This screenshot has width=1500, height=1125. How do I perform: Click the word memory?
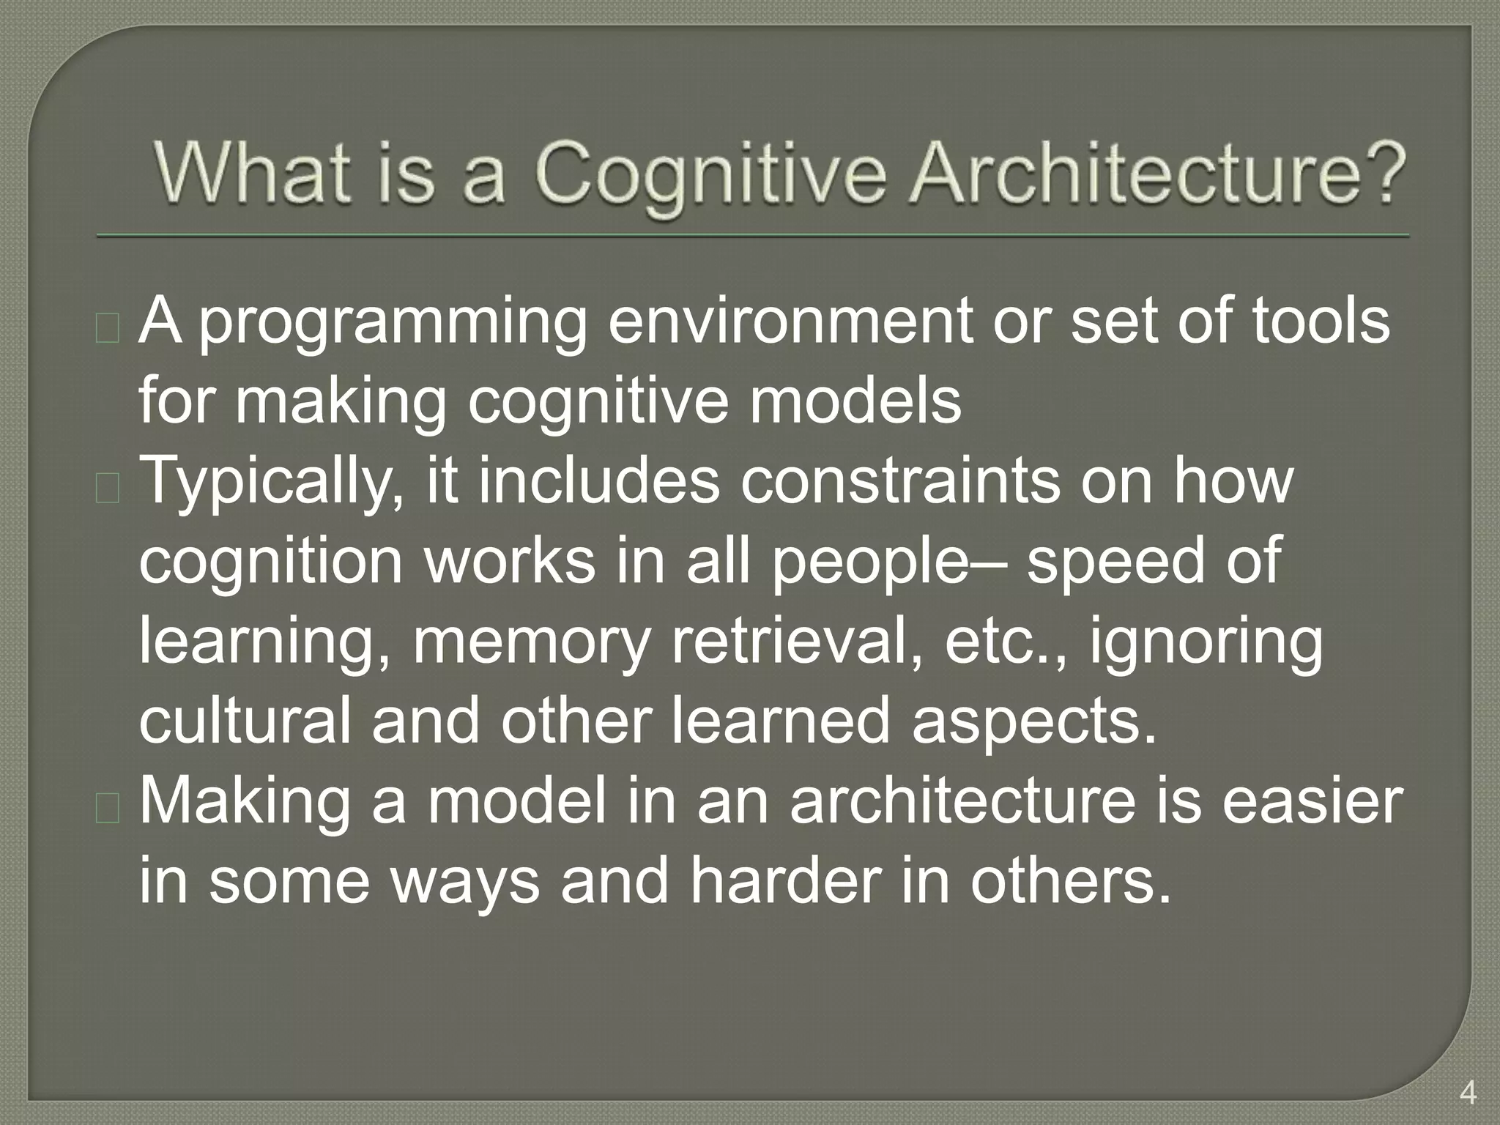coord(532,644)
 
